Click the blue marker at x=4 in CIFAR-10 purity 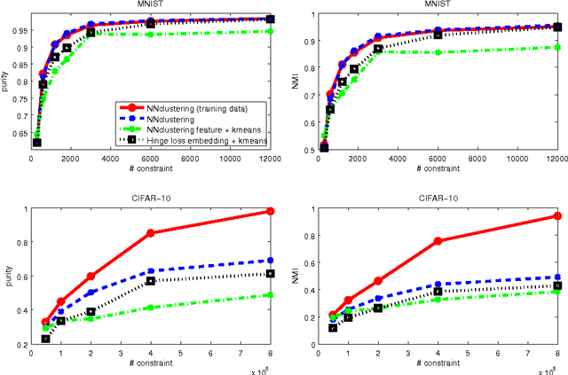(x=150, y=271)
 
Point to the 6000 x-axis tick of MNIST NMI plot (x=438, y=159)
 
